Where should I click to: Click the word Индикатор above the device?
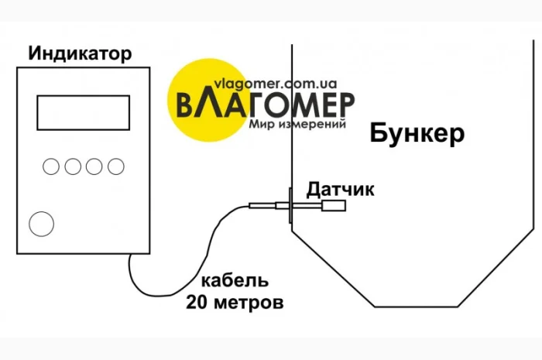click(x=80, y=53)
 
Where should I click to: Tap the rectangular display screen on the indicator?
click(x=83, y=112)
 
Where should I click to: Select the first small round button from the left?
click(x=51, y=166)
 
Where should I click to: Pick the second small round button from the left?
click(x=73, y=166)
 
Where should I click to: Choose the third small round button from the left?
click(x=94, y=166)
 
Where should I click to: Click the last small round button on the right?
click(x=116, y=166)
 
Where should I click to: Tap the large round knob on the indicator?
click(x=42, y=223)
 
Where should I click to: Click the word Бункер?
click(x=417, y=133)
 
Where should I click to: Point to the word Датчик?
click(x=341, y=188)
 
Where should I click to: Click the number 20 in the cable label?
click(x=196, y=302)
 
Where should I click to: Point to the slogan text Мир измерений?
click(x=297, y=123)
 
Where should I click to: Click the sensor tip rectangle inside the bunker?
click(x=334, y=206)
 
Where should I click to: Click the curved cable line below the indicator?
click(x=166, y=290)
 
